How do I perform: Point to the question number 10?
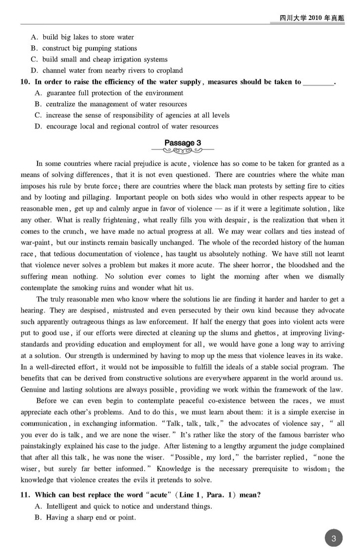[25, 82]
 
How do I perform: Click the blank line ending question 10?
[318, 82]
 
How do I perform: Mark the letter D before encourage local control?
[38, 127]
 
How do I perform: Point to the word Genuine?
[35, 389]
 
